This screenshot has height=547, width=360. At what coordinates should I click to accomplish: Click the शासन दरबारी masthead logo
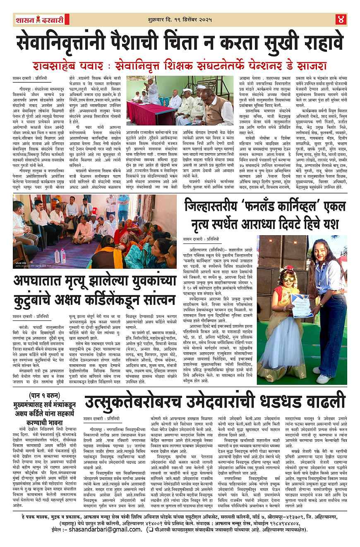(39, 19)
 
